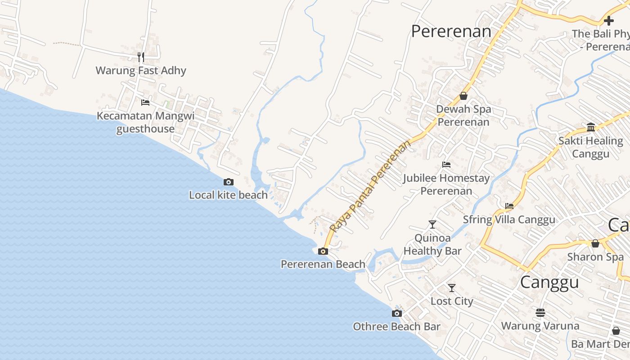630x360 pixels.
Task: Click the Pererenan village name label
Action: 451,31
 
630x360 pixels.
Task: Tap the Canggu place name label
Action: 549,282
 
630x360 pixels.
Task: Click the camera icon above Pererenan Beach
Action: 323,252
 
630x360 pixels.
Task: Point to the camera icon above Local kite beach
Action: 229,182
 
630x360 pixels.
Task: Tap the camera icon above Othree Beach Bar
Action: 396,314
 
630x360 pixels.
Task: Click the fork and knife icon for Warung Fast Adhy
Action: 141,57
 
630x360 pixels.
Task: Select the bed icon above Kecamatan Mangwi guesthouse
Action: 145,103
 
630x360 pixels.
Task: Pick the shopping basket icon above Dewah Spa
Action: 463,96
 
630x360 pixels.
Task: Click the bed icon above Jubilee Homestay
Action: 446,165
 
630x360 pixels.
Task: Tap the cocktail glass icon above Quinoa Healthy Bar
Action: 432,224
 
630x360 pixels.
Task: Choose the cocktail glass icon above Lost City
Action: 452,288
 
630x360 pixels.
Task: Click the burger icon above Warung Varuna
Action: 540,312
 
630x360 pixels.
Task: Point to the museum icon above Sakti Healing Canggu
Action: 591,127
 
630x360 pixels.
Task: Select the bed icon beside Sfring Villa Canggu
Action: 509,207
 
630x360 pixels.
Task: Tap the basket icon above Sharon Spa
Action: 595,243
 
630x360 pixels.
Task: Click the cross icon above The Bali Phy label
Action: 609,21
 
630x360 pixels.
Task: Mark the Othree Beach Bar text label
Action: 396,327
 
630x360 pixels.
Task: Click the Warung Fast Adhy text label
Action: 141,71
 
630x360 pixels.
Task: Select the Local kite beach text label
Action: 228,195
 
